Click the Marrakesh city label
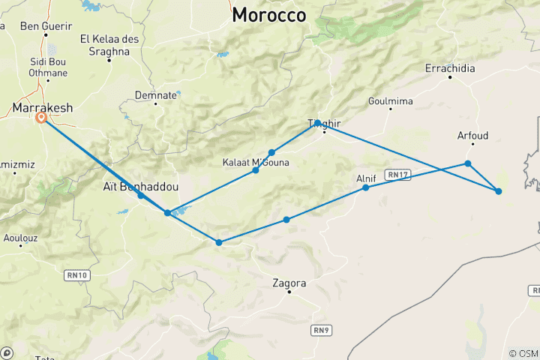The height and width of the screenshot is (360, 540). click(43, 108)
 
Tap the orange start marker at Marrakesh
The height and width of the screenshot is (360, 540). click(42, 118)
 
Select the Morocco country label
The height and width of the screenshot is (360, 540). click(269, 15)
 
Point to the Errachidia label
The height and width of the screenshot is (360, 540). click(450, 68)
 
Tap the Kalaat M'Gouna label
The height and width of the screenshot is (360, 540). click(256, 162)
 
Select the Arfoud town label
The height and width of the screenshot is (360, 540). click(472, 136)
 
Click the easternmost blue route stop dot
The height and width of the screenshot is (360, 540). click(499, 191)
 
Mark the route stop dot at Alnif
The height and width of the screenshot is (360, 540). click(366, 187)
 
